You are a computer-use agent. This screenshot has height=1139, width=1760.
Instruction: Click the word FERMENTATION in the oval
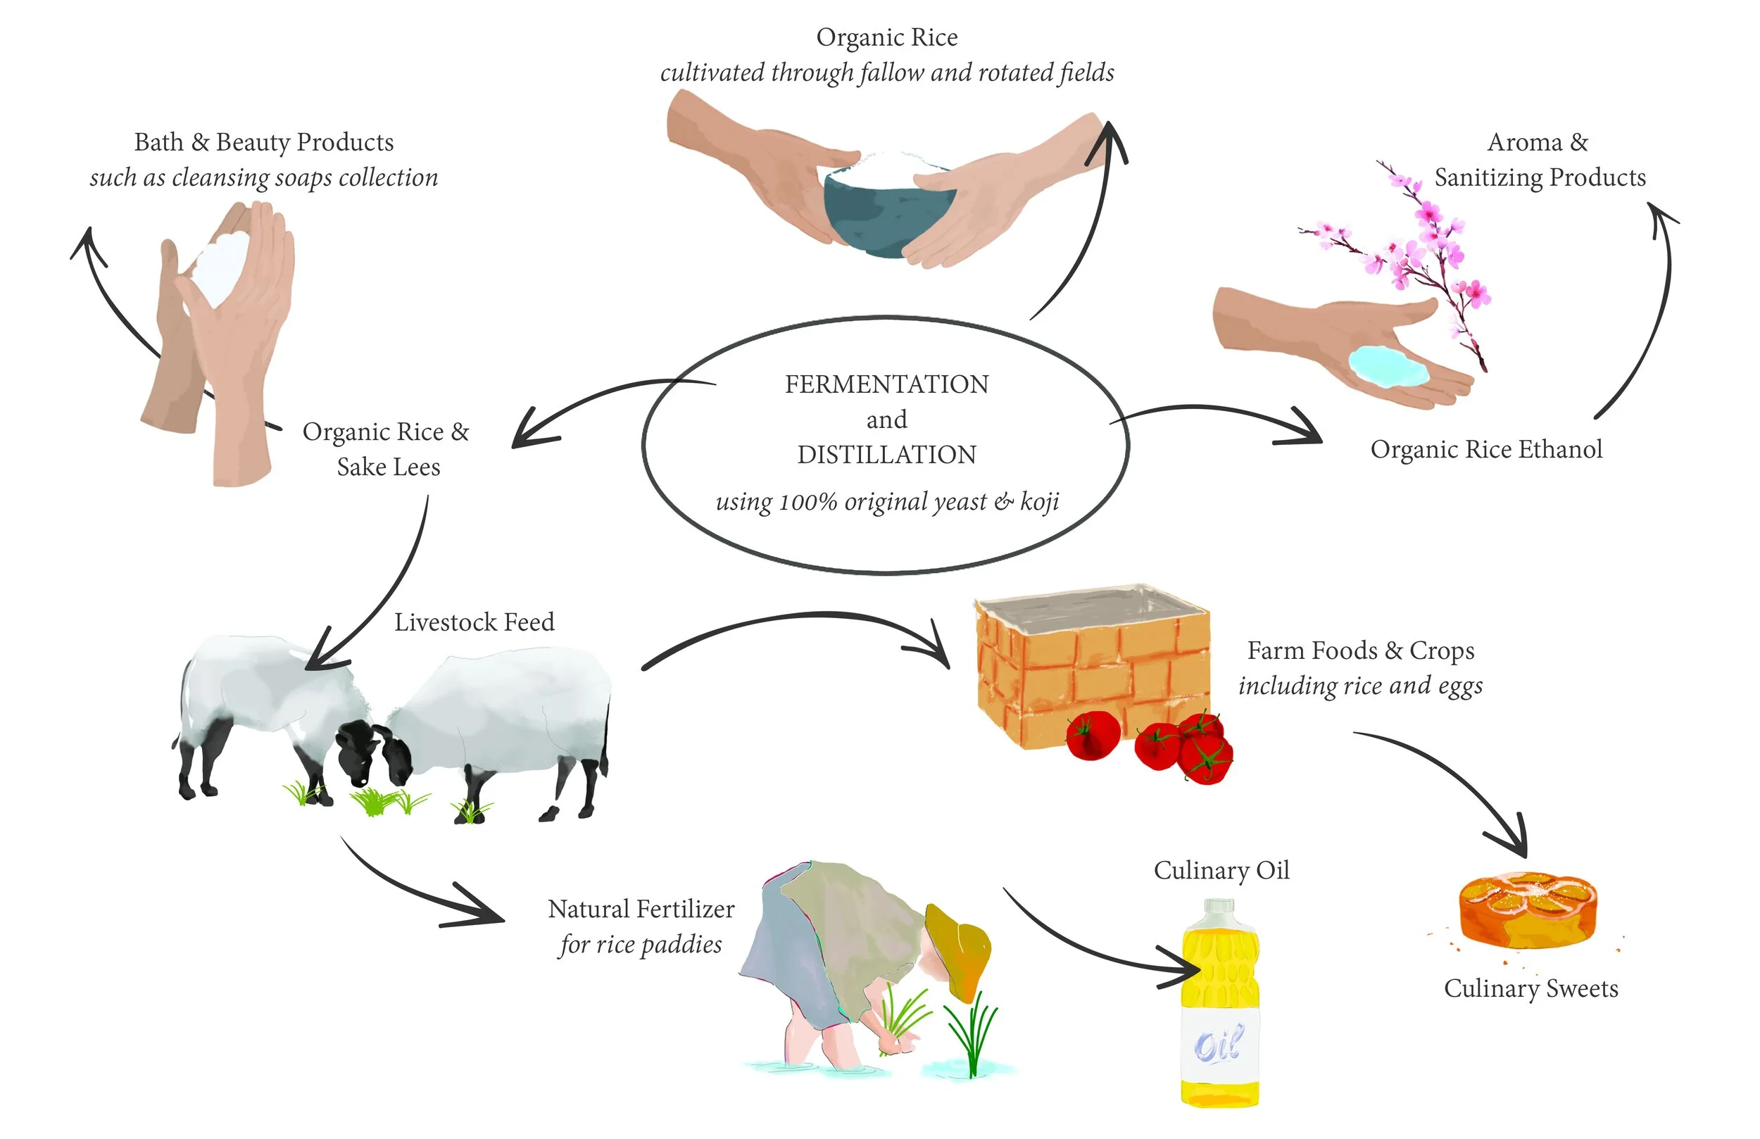pos(886,384)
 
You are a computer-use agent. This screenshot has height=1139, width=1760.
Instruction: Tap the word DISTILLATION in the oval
pos(886,455)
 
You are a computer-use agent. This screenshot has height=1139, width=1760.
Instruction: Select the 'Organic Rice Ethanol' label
pos(1486,450)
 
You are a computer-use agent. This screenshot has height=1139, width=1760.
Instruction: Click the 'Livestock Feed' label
pos(474,623)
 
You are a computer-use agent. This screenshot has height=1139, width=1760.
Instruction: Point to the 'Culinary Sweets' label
pos(1530,990)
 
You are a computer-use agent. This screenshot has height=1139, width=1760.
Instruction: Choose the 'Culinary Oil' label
pos(1221,871)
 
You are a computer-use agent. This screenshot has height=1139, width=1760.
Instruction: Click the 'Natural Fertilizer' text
pos(641,909)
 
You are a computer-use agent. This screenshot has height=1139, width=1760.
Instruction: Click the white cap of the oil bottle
pos(1219,908)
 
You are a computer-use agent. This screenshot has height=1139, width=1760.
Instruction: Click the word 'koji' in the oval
pos(1040,503)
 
